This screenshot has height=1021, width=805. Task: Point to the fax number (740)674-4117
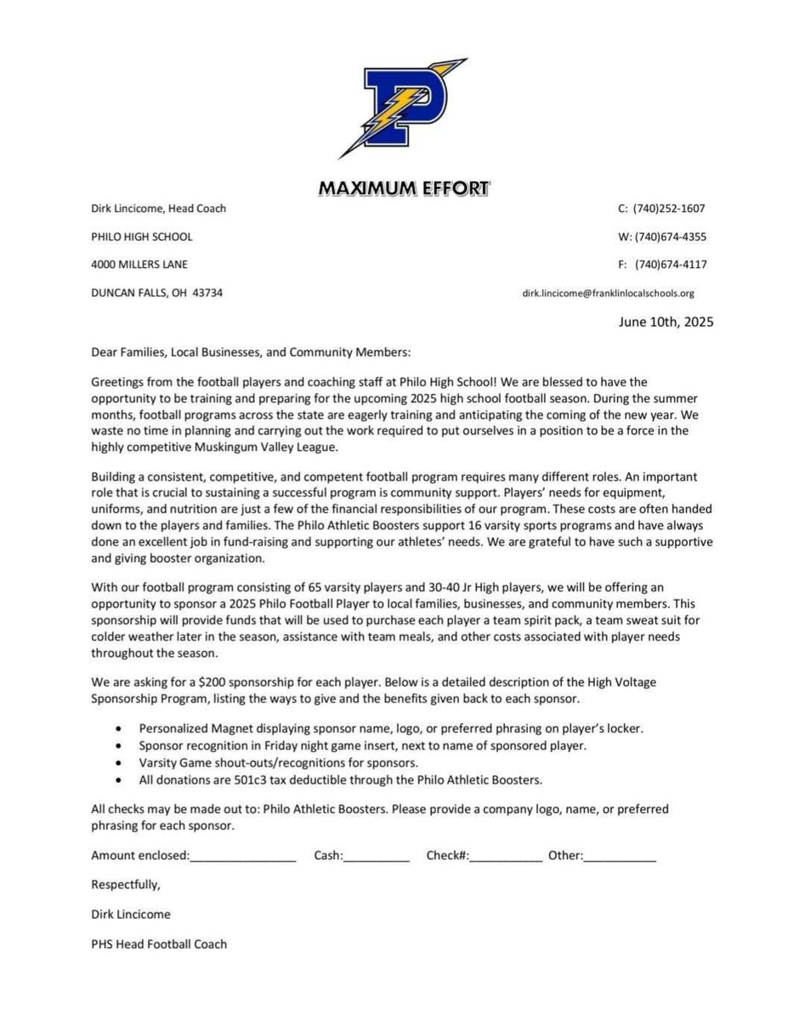(670, 265)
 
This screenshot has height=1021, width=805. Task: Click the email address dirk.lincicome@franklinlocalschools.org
(609, 294)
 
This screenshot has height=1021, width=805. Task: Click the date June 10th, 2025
(666, 322)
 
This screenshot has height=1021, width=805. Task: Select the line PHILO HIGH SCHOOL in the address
(142, 237)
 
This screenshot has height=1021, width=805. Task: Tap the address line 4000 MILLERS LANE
(139, 265)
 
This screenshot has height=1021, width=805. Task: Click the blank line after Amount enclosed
(243, 857)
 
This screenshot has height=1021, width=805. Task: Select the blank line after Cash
(377, 857)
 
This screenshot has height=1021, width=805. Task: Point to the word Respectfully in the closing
(126, 885)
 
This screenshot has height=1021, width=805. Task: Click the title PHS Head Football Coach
(159, 944)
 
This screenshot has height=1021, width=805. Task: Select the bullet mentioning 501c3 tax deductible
(340, 779)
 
